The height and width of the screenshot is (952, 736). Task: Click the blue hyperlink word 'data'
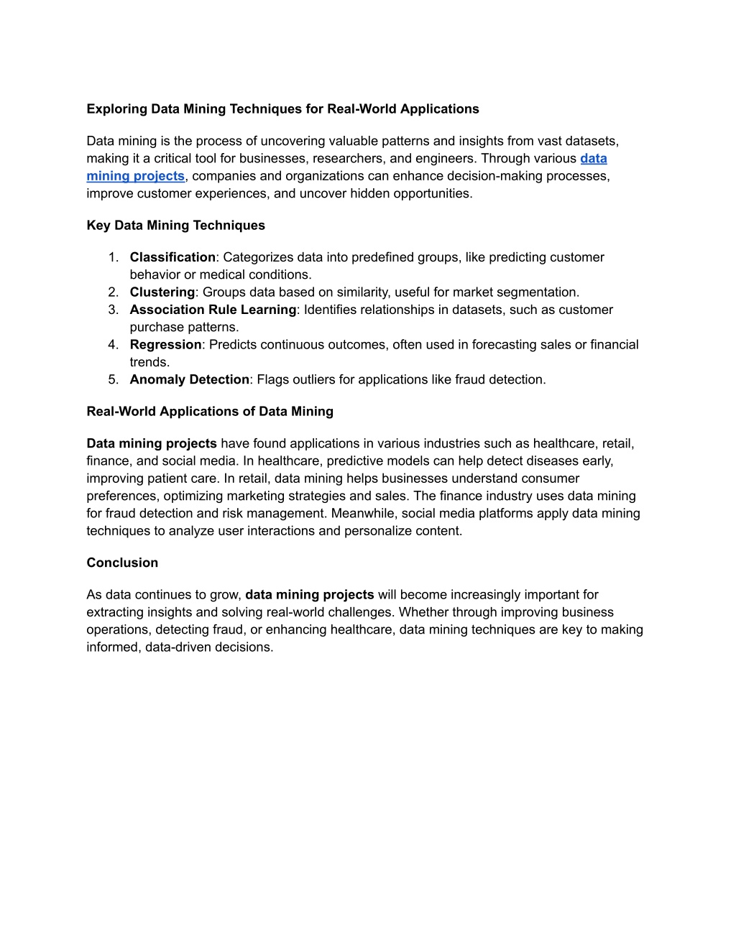click(593, 159)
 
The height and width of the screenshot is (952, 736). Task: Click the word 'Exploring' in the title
click(116, 109)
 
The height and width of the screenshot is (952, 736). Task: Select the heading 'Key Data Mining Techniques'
click(175, 226)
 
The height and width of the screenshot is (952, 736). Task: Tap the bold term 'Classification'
click(172, 257)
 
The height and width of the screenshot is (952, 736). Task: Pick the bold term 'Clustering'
click(162, 292)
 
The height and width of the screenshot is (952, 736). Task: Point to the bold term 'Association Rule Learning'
click(213, 310)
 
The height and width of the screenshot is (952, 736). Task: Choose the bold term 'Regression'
click(165, 345)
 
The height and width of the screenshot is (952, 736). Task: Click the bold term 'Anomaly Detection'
click(189, 379)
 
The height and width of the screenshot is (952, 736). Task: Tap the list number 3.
click(113, 310)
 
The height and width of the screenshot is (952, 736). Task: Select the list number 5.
click(113, 379)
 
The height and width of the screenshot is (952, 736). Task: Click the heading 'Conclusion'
click(122, 563)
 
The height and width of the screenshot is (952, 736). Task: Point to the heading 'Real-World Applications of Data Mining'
click(210, 412)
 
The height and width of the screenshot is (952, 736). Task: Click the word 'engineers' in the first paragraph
click(444, 159)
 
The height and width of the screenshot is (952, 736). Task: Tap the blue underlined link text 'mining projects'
click(135, 176)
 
